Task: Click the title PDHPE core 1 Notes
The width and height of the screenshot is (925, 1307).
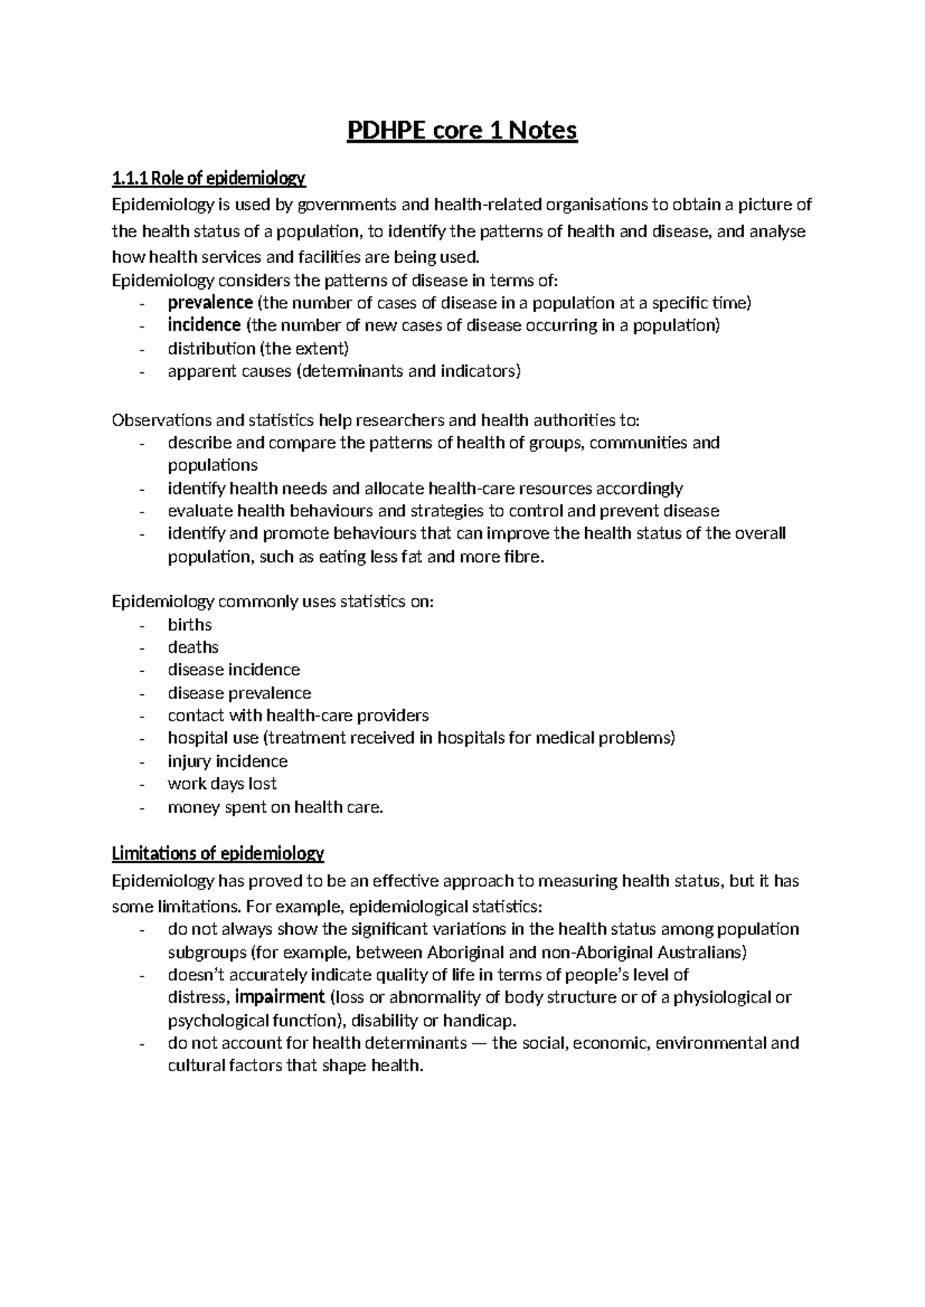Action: click(x=462, y=132)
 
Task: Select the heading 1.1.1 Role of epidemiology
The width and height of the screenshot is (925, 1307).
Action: click(x=208, y=180)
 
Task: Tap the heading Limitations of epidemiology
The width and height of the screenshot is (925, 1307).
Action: click(x=217, y=854)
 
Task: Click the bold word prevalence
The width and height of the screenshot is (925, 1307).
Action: click(x=210, y=303)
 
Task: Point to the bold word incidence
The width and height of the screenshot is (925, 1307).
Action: click(x=204, y=325)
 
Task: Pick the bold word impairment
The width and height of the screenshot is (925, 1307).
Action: click(x=280, y=997)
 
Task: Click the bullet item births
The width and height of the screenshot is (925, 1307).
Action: click(x=190, y=625)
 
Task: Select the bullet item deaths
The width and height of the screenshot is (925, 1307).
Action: click(x=193, y=647)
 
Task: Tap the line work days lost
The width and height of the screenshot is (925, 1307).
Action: click(x=222, y=784)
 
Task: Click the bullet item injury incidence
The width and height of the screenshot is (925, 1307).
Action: click(x=227, y=761)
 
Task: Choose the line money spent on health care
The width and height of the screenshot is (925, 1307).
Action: click(x=275, y=807)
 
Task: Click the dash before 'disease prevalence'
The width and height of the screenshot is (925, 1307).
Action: click(x=142, y=694)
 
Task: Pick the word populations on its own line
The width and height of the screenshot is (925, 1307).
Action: click(x=213, y=465)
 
